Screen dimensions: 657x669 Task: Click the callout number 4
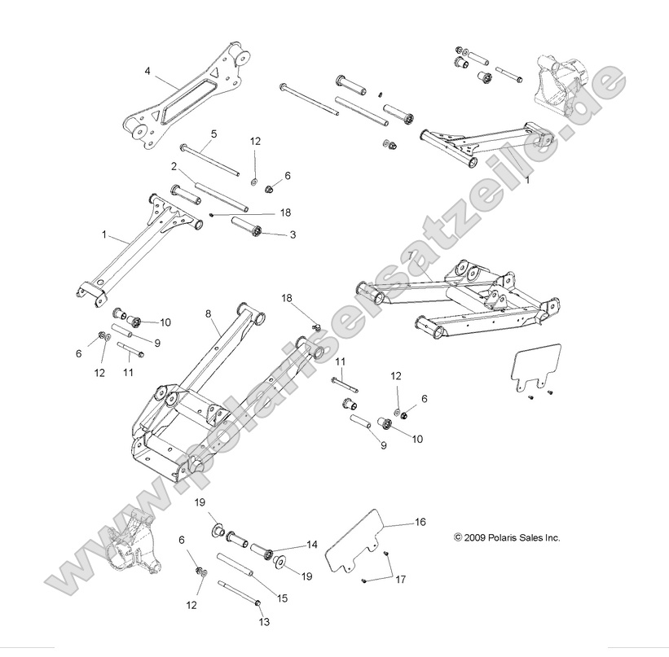(x=148, y=71)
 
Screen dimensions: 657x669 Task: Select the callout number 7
(x=412, y=255)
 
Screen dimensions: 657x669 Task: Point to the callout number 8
(x=208, y=313)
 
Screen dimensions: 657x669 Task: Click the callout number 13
(x=263, y=622)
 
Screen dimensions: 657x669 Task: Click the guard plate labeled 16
(x=359, y=541)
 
